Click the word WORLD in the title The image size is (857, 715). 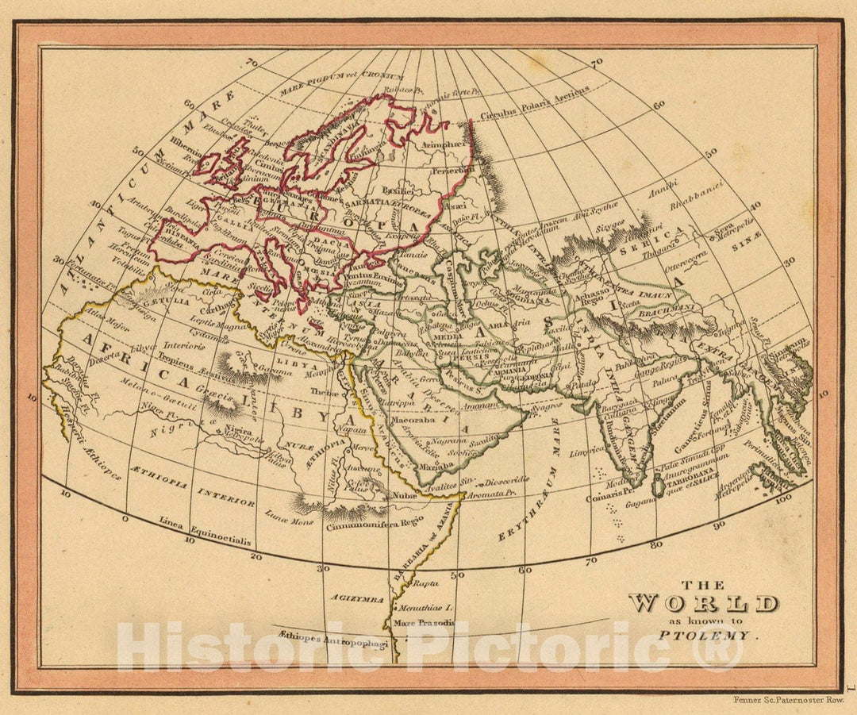click(x=702, y=604)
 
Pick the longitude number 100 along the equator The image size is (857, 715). click(x=784, y=498)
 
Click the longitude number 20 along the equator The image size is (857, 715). click(x=255, y=557)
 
